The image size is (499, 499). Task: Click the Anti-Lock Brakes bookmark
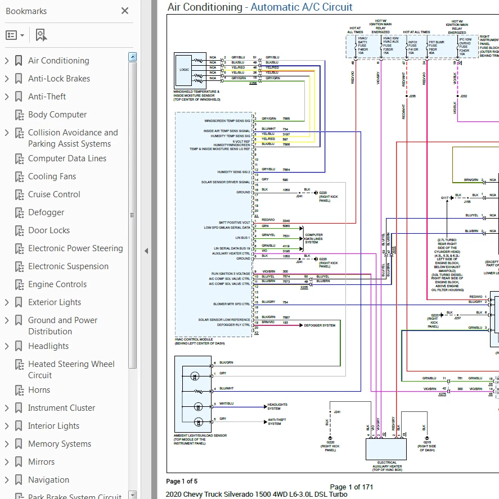pos(59,79)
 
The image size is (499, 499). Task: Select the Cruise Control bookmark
pos(54,194)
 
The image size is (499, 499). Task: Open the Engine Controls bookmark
pos(57,284)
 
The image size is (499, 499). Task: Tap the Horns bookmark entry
pos(39,390)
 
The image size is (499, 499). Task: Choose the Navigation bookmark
pos(48,480)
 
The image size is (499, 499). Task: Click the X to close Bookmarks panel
pos(125,11)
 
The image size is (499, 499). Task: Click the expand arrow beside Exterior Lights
pos(7,302)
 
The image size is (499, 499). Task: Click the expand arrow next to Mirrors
pos(7,462)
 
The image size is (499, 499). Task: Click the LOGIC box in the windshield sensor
pos(184,70)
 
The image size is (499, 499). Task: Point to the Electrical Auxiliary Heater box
pos(386,449)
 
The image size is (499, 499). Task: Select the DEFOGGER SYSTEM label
pos(319,325)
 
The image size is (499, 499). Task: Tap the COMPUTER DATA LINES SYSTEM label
pos(313,238)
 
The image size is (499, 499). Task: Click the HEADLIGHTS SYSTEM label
pos(277,406)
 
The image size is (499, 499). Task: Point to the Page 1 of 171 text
pos(352,487)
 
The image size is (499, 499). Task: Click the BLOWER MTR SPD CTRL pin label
pos(231,304)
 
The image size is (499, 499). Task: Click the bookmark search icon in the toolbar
pos(41,35)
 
